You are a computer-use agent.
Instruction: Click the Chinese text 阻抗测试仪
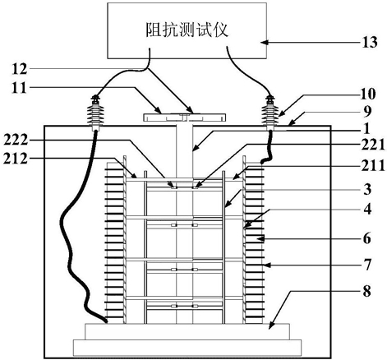[187, 30]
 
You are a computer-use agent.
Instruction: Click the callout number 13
[370, 43]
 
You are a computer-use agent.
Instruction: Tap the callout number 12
[20, 69]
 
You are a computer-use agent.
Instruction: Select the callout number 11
[19, 88]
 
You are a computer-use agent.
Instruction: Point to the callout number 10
[367, 95]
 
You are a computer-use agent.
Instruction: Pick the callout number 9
[367, 112]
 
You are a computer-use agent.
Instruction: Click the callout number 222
[16, 141]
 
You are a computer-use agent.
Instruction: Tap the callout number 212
[16, 158]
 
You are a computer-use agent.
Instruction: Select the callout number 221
[373, 145]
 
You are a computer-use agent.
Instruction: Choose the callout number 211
[373, 166]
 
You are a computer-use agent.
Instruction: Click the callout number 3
[367, 189]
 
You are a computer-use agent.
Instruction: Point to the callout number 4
[367, 209]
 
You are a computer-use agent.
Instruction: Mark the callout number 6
[367, 238]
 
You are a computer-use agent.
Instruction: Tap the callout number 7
[367, 265]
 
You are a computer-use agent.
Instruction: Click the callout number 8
[367, 291]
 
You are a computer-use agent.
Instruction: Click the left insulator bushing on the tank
[96, 113]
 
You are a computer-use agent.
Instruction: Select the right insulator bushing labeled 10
[270, 113]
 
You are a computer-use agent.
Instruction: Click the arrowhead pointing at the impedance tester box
[264, 42]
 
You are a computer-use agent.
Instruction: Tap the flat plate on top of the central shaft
[185, 118]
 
